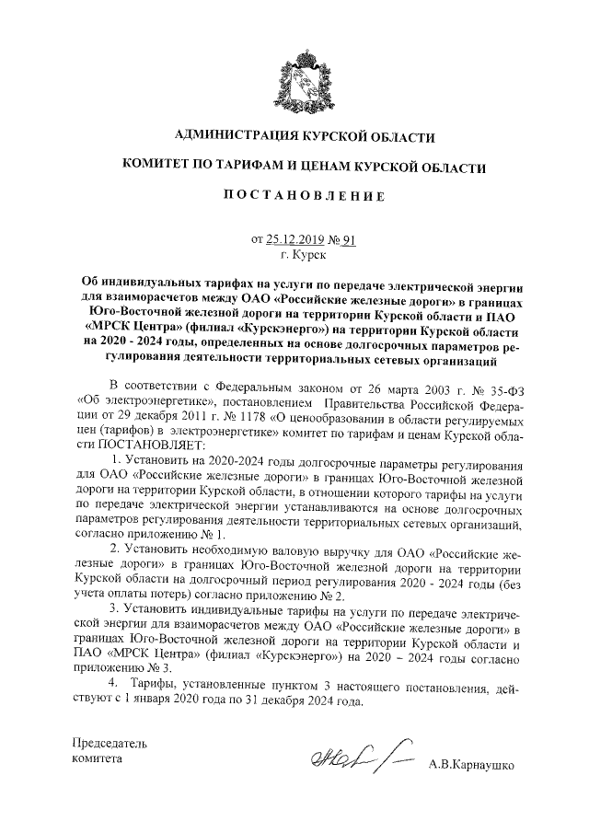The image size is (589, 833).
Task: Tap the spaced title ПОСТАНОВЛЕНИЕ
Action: pos(303,195)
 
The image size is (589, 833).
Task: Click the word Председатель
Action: pos(110,743)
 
